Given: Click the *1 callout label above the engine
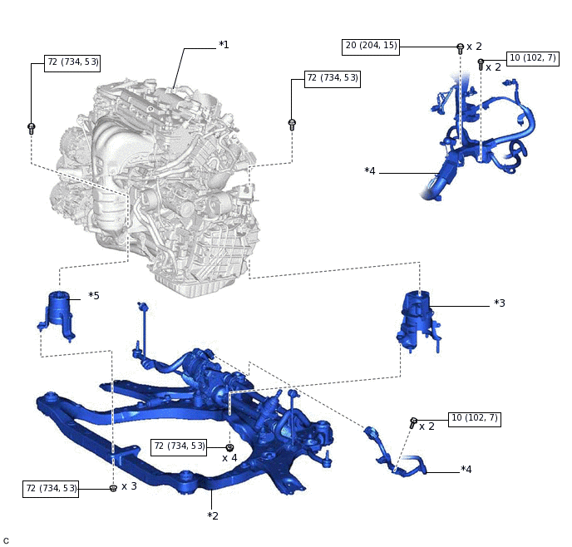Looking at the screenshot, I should (x=224, y=44).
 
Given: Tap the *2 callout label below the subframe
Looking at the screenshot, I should (x=213, y=516).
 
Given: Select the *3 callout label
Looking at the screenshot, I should (x=500, y=303).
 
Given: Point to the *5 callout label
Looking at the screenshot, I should (x=94, y=295).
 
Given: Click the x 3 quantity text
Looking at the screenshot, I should (x=129, y=486).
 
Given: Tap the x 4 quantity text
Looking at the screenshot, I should (x=229, y=458).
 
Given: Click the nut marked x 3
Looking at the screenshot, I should (x=113, y=489).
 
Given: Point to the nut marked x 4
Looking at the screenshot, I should (x=229, y=448).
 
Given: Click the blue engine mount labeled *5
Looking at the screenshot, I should (x=59, y=316).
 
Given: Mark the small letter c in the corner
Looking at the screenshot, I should (x=6, y=540).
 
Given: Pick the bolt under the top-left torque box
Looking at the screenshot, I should (x=32, y=128).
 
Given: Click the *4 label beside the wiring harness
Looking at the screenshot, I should (x=370, y=171).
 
